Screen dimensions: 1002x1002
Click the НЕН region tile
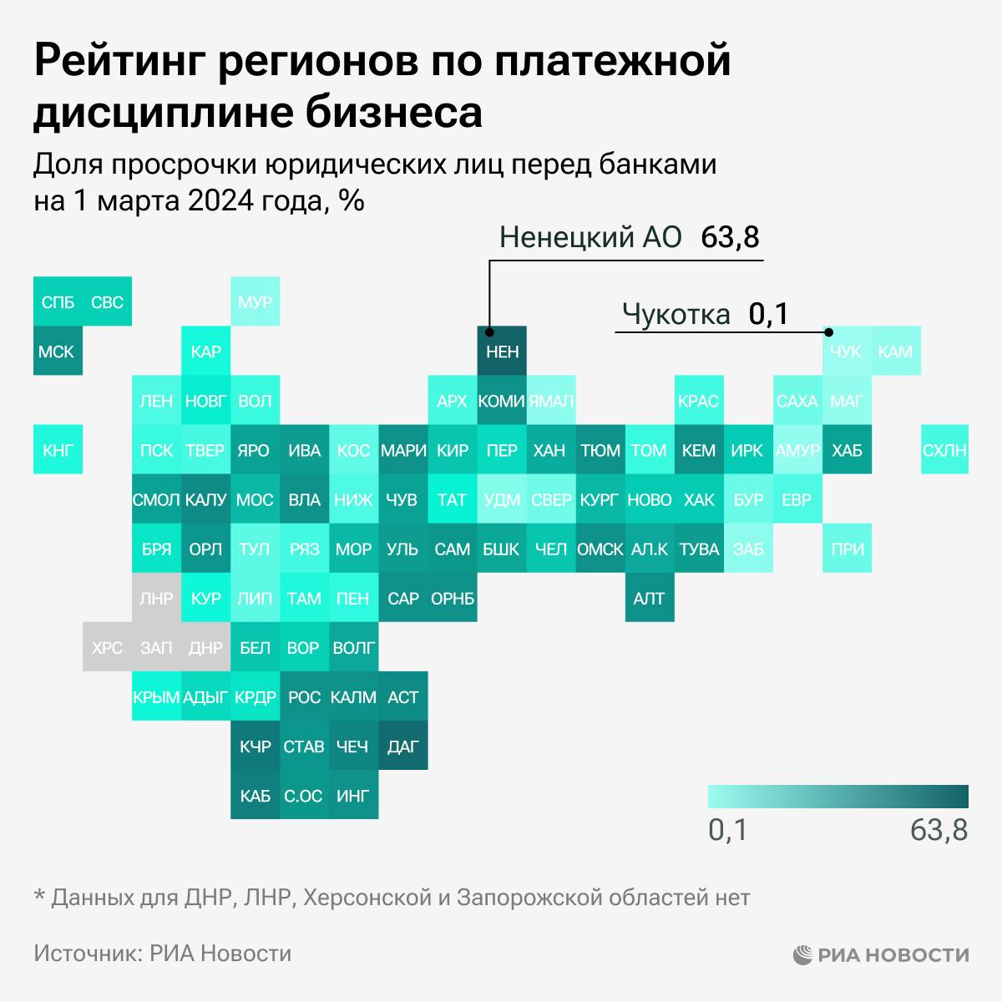(x=502, y=352)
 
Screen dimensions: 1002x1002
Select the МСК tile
(x=57, y=352)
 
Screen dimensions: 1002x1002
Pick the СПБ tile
(x=57, y=301)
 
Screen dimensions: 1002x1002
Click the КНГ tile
(x=57, y=450)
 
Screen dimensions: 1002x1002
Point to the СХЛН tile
(x=944, y=450)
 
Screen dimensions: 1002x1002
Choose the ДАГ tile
(x=403, y=746)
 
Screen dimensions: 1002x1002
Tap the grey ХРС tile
(x=107, y=647)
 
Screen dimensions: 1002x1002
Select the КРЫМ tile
(x=156, y=697)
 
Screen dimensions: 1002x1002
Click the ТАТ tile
(x=452, y=499)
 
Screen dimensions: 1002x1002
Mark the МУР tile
(x=255, y=301)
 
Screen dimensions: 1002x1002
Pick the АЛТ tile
(x=649, y=598)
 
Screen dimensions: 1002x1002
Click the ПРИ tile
(x=847, y=549)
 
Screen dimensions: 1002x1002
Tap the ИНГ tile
(x=353, y=796)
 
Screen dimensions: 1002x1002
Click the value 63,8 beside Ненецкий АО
(x=730, y=237)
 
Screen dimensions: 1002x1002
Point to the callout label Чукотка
(x=676, y=315)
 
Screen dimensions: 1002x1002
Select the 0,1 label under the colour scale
(x=727, y=830)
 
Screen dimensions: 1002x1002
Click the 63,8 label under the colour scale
(x=939, y=830)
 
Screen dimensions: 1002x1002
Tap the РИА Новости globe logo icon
(x=802, y=954)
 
